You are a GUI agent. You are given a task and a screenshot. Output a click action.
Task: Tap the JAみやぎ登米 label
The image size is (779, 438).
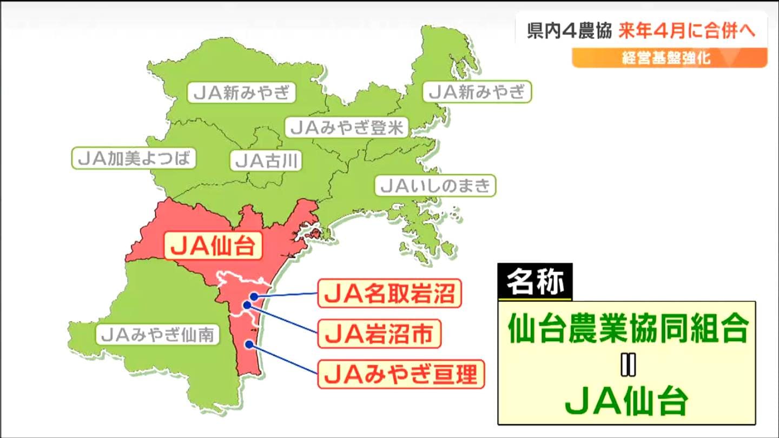pyautogui.click(x=347, y=128)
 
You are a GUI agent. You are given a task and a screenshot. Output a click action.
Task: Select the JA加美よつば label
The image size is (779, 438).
pyautogui.click(x=134, y=158)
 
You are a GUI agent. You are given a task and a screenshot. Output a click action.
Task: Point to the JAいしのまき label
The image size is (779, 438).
pyautogui.click(x=435, y=186)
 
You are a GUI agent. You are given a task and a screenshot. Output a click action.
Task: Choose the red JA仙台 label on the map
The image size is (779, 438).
pyautogui.click(x=213, y=246)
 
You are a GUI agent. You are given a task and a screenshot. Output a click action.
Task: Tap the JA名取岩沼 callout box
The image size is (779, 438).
pyautogui.click(x=389, y=295)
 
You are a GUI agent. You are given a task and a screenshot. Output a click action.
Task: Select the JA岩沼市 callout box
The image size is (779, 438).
pyautogui.click(x=379, y=335)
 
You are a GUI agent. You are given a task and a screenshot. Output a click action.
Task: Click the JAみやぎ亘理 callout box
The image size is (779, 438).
pyautogui.click(x=401, y=374)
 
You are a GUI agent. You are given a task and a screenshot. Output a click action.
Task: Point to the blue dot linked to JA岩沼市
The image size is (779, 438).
pyautogui.click(x=247, y=305)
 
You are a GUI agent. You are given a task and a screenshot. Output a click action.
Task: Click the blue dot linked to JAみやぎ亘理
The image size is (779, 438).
pyautogui.click(x=248, y=344)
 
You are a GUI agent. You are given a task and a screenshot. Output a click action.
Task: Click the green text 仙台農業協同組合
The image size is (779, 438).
pyautogui.click(x=628, y=329)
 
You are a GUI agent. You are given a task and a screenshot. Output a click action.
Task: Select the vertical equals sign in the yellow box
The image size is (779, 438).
pyautogui.click(x=627, y=366)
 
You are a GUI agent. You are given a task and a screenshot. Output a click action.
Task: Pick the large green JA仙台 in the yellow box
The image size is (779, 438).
pyautogui.click(x=627, y=401)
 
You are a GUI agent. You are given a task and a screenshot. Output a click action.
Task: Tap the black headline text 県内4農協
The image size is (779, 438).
pyautogui.click(x=569, y=31)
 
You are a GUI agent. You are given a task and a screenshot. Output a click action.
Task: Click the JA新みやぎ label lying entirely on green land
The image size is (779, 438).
pyautogui.click(x=242, y=92)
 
